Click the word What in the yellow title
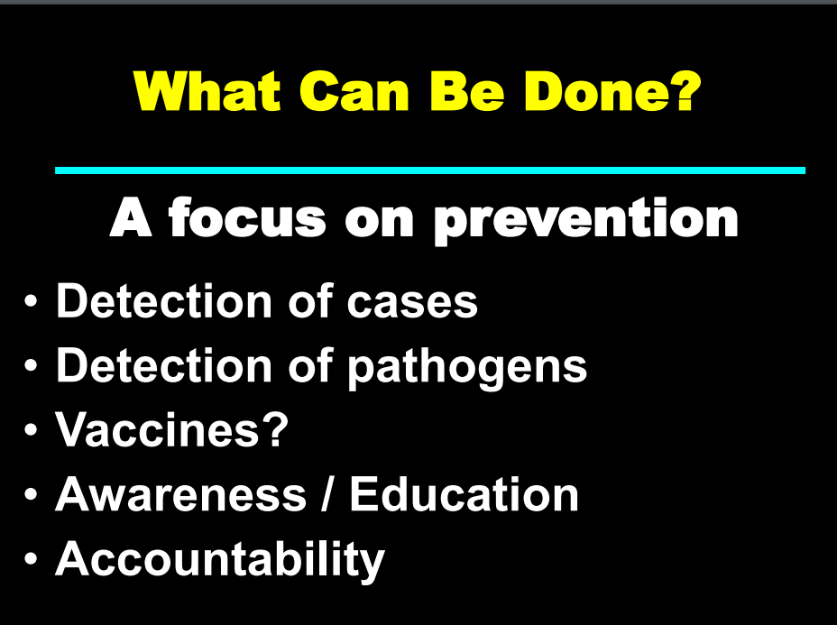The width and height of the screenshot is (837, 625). tap(207, 91)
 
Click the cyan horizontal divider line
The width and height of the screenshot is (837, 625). tap(430, 170)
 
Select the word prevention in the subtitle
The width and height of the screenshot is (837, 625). tap(585, 220)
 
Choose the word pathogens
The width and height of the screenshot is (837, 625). tap(467, 367)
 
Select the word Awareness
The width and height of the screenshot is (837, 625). tap(181, 495)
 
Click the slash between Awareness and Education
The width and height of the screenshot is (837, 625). tap(327, 494)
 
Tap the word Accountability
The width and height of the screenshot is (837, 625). tap(220, 559)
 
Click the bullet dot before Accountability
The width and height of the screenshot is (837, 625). tap(31, 559)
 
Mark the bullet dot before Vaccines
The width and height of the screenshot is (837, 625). tap(31, 429)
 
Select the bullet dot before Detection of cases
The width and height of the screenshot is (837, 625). tap(31, 301)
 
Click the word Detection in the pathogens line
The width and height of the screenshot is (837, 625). tap(164, 365)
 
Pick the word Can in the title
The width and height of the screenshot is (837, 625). tap(354, 91)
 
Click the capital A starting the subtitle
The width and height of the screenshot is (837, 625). tap(131, 216)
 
